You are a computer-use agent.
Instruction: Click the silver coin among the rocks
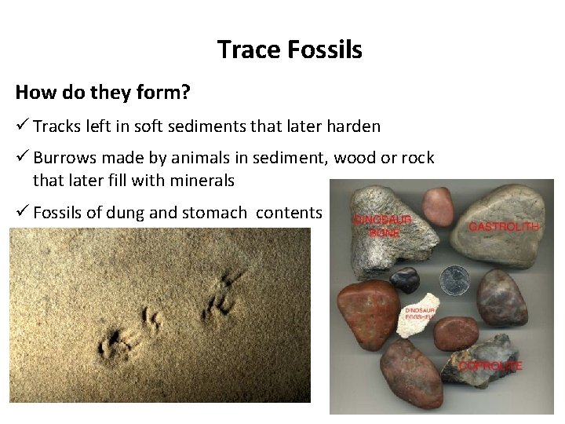pyautogui.click(x=454, y=280)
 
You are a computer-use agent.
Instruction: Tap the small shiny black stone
pyautogui.click(x=406, y=280)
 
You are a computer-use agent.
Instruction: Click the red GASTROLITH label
pyautogui.click(x=503, y=227)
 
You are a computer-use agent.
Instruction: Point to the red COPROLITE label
pyautogui.click(x=490, y=367)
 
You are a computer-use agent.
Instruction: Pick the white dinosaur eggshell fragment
pyautogui.click(x=419, y=316)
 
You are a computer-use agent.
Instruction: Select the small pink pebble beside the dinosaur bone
pyautogui.click(x=438, y=205)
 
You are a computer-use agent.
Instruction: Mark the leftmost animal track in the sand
pyautogui.click(x=116, y=345)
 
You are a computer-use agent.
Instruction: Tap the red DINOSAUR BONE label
pyautogui.click(x=382, y=226)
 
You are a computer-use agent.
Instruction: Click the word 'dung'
pyautogui.click(x=163, y=212)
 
